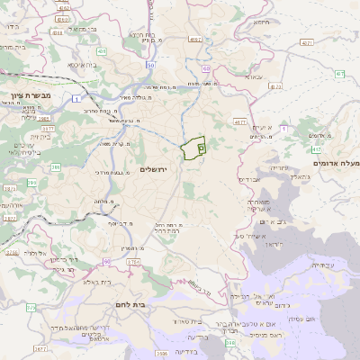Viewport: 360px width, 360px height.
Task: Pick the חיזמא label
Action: [262, 22]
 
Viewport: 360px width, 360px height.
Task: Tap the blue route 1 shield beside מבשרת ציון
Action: [76, 98]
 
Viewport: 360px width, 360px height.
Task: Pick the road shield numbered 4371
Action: [308, 42]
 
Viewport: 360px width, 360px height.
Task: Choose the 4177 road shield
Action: [239, 121]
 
